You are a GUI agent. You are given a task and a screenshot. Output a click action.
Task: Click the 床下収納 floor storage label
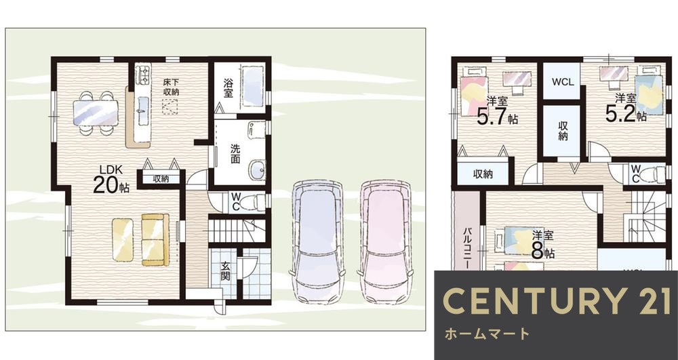[170, 87]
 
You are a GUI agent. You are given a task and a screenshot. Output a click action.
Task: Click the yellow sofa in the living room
[155, 239]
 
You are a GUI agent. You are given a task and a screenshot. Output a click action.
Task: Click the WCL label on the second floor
[560, 81]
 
